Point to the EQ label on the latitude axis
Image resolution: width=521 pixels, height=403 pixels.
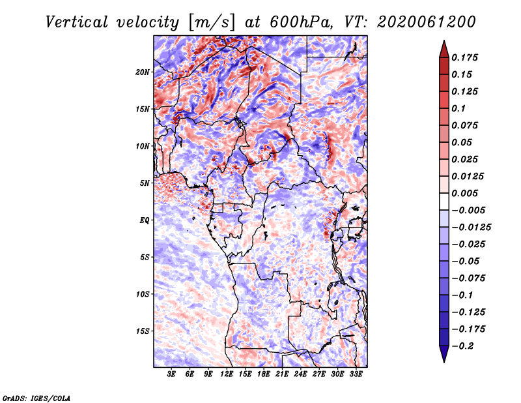145,220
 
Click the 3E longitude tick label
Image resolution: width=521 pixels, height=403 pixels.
172,374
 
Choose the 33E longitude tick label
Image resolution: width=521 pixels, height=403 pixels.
357,374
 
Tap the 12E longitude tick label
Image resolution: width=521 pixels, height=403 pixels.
227,374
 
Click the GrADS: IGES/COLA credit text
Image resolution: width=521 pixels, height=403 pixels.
36,397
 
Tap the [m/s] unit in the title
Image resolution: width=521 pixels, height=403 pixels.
209,22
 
